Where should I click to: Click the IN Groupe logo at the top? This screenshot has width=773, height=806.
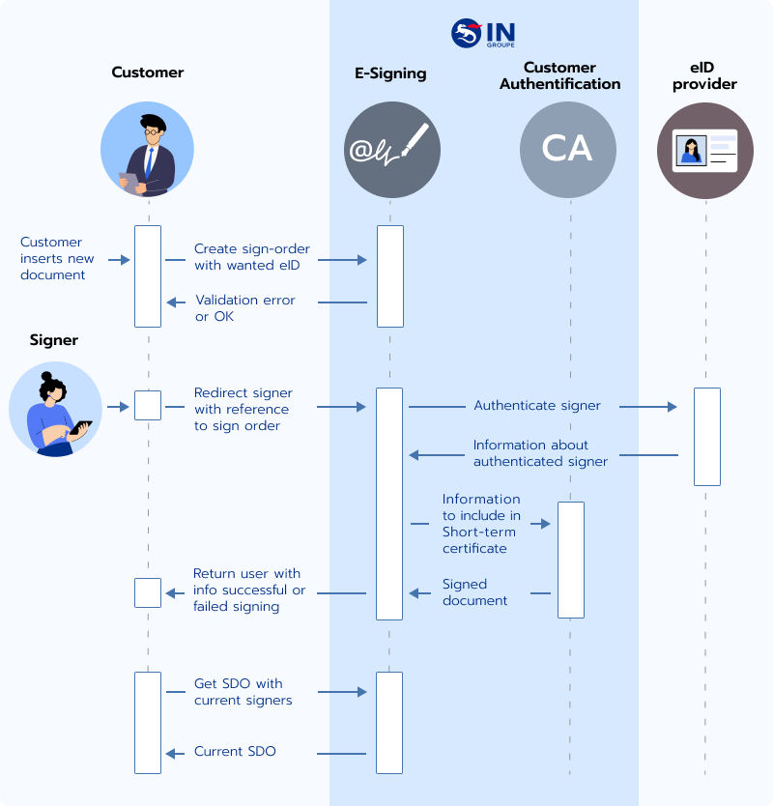pos(483,33)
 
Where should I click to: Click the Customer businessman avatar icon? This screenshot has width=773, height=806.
pos(148,150)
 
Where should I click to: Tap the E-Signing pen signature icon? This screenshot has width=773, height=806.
pos(391,150)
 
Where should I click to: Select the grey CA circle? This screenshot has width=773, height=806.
pos(567,150)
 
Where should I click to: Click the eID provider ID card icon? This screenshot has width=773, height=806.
pos(705,150)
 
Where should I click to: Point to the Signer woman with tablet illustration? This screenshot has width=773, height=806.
pos(56,409)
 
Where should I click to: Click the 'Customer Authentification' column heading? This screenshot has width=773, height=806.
pos(559,75)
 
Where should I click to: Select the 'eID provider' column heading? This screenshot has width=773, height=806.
pos(704,75)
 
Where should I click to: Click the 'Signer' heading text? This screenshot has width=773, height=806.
pos(54,340)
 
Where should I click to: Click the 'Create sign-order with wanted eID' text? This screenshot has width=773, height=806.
pos(252,257)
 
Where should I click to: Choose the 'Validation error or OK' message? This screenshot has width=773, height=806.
pos(244,308)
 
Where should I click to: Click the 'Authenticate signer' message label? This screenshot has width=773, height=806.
pos(537,406)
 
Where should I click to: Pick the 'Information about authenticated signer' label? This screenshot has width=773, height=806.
pos(540,453)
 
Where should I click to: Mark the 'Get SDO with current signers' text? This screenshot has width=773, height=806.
pos(243,692)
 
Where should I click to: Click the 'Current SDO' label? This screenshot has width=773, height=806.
pos(235,751)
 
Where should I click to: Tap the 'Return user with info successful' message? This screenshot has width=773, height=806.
pos(249,590)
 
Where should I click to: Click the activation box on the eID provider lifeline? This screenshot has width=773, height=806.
pos(707,436)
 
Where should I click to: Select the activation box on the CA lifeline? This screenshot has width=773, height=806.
pos(571,559)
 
